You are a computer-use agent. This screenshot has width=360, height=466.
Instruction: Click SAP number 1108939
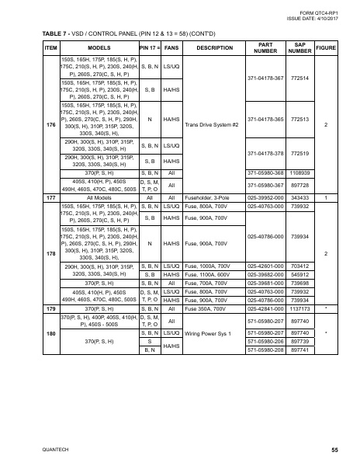pyautogui.click(x=301, y=172)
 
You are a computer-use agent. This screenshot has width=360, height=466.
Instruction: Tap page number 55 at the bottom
pyautogui.click(x=334, y=450)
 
